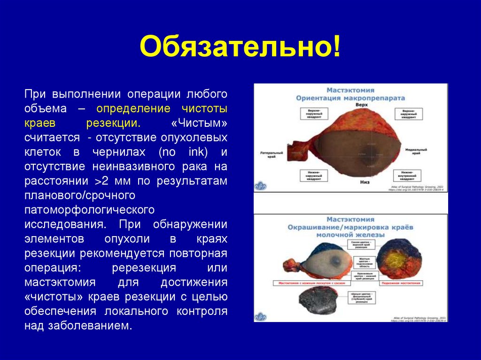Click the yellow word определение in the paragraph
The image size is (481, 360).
point(133,108)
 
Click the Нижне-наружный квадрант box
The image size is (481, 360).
point(314,176)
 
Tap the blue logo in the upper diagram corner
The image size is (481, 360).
point(260,185)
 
